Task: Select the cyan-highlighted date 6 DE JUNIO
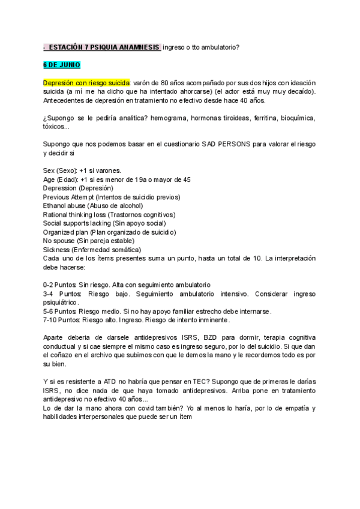[62, 65]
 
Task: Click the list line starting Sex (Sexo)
[82, 170]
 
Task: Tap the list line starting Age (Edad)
[117, 179]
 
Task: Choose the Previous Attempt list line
[111, 197]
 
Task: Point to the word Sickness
[56, 249]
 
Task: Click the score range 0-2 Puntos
[60, 284]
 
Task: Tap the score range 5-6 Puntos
[60, 311]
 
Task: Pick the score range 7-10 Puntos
[62, 319]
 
